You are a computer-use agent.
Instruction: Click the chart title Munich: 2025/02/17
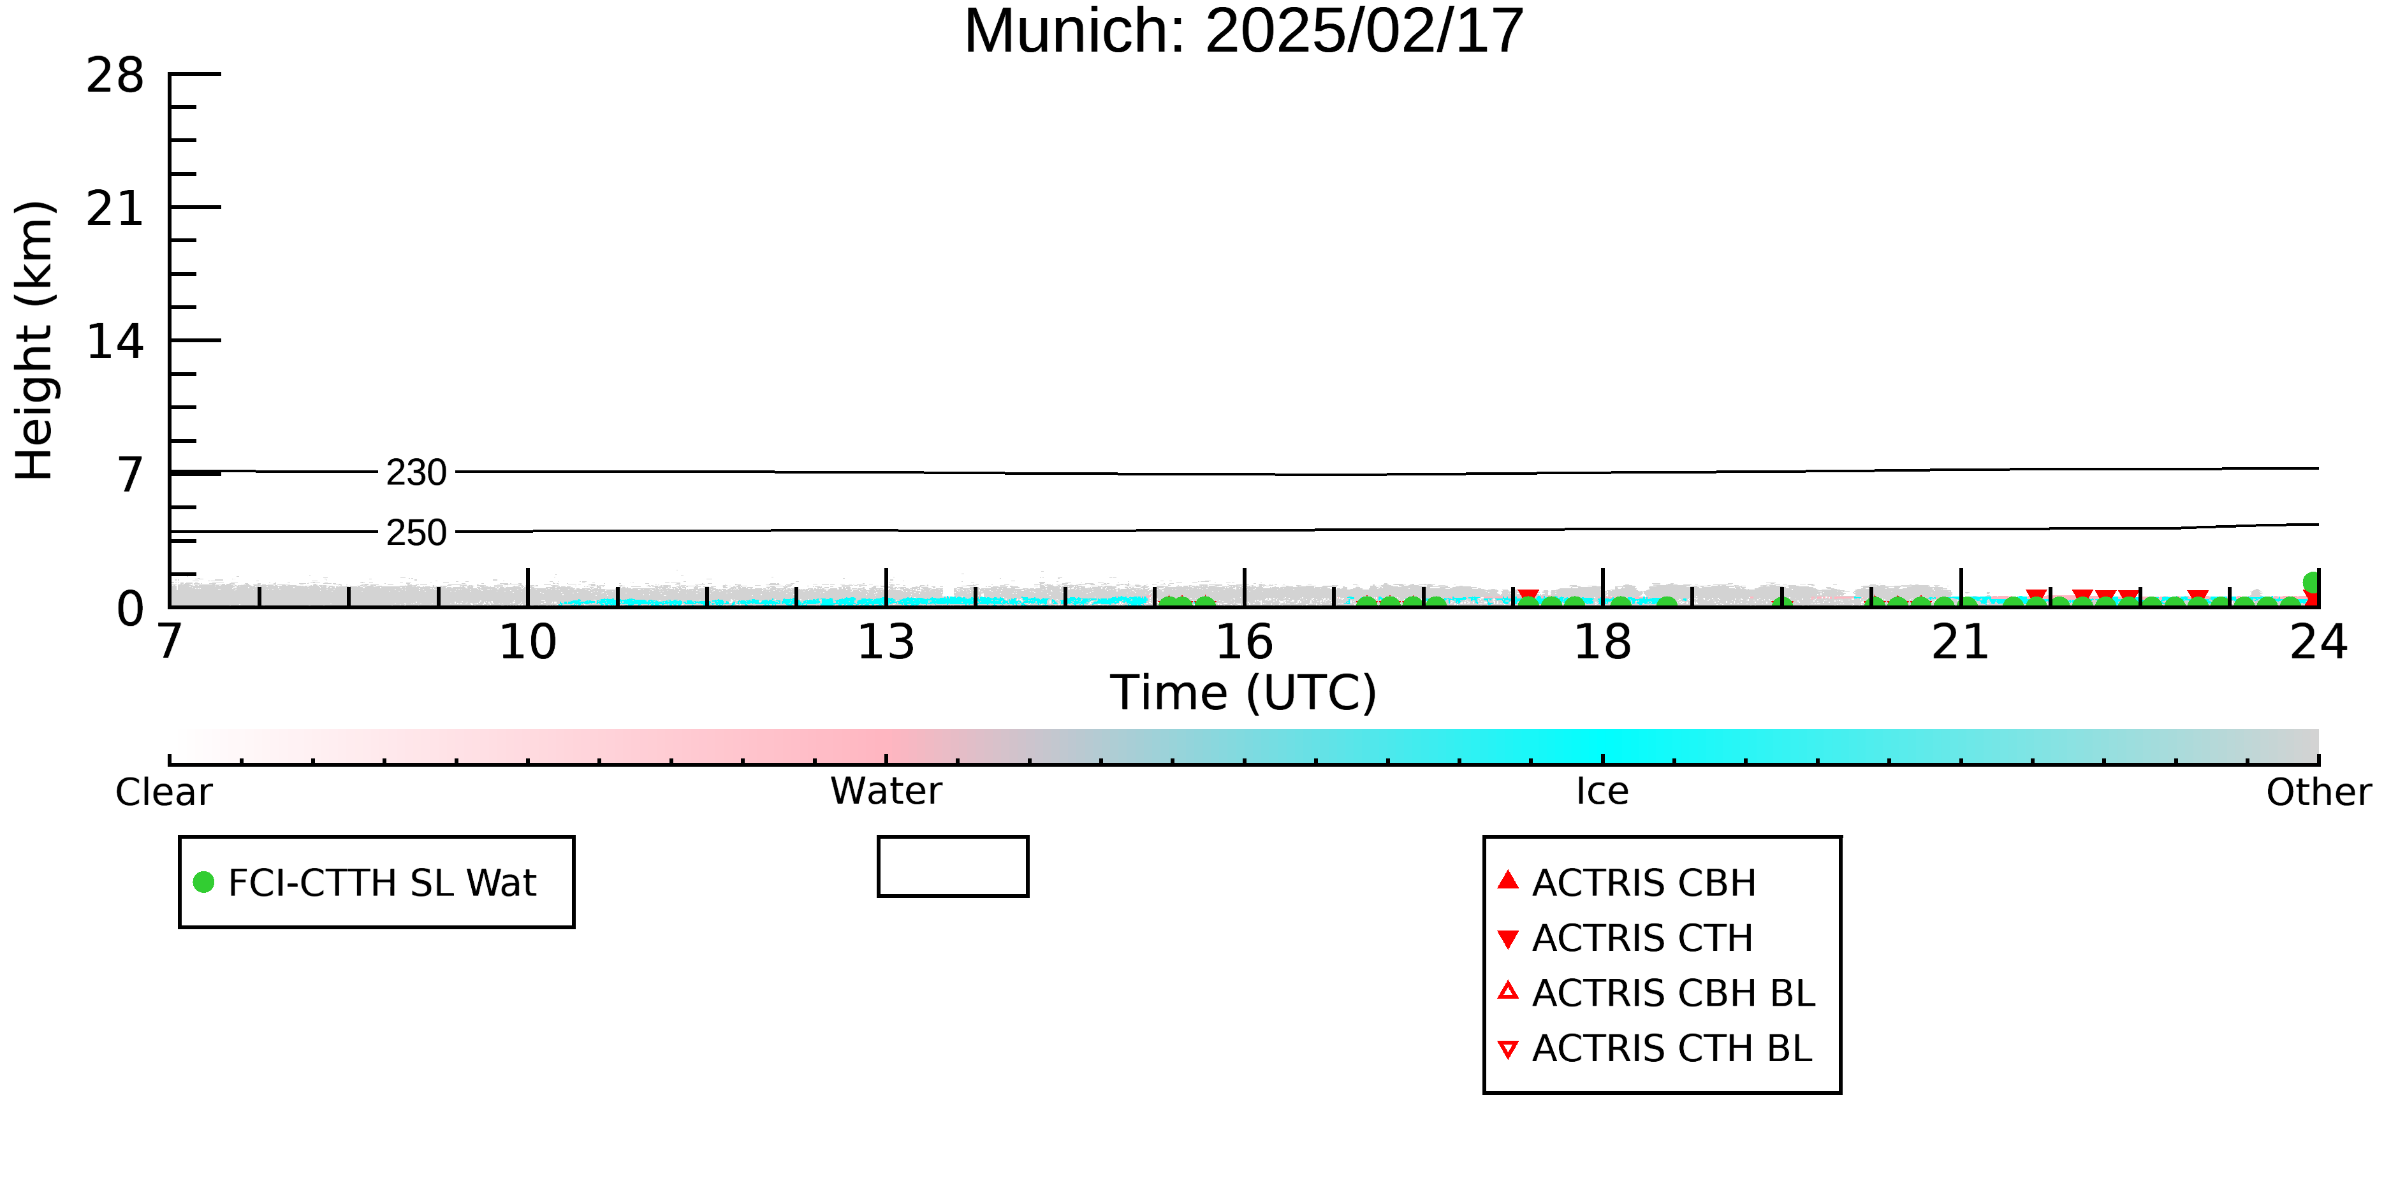(1244, 31)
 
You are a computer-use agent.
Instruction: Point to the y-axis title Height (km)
(34, 340)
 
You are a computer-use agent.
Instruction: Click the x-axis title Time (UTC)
(1244, 693)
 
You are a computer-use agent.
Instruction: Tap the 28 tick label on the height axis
(115, 75)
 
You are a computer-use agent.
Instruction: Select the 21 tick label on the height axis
(115, 209)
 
